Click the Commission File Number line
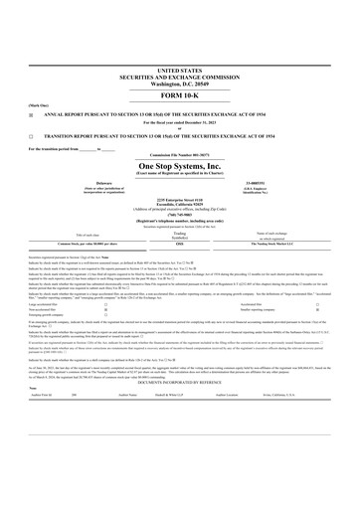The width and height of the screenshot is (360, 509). click(x=179, y=156)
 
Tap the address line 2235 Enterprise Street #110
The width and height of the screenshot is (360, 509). click(x=179, y=201)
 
